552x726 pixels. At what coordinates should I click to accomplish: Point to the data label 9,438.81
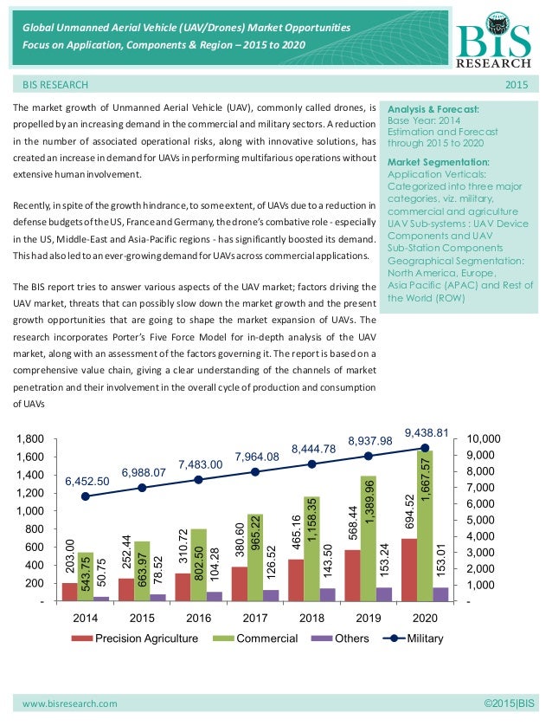427,432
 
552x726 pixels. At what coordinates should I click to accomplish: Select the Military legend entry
411,638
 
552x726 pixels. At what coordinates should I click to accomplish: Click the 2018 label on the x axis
312,619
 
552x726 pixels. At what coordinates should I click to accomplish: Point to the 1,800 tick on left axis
32,439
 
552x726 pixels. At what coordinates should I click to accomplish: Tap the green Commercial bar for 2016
199,564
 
